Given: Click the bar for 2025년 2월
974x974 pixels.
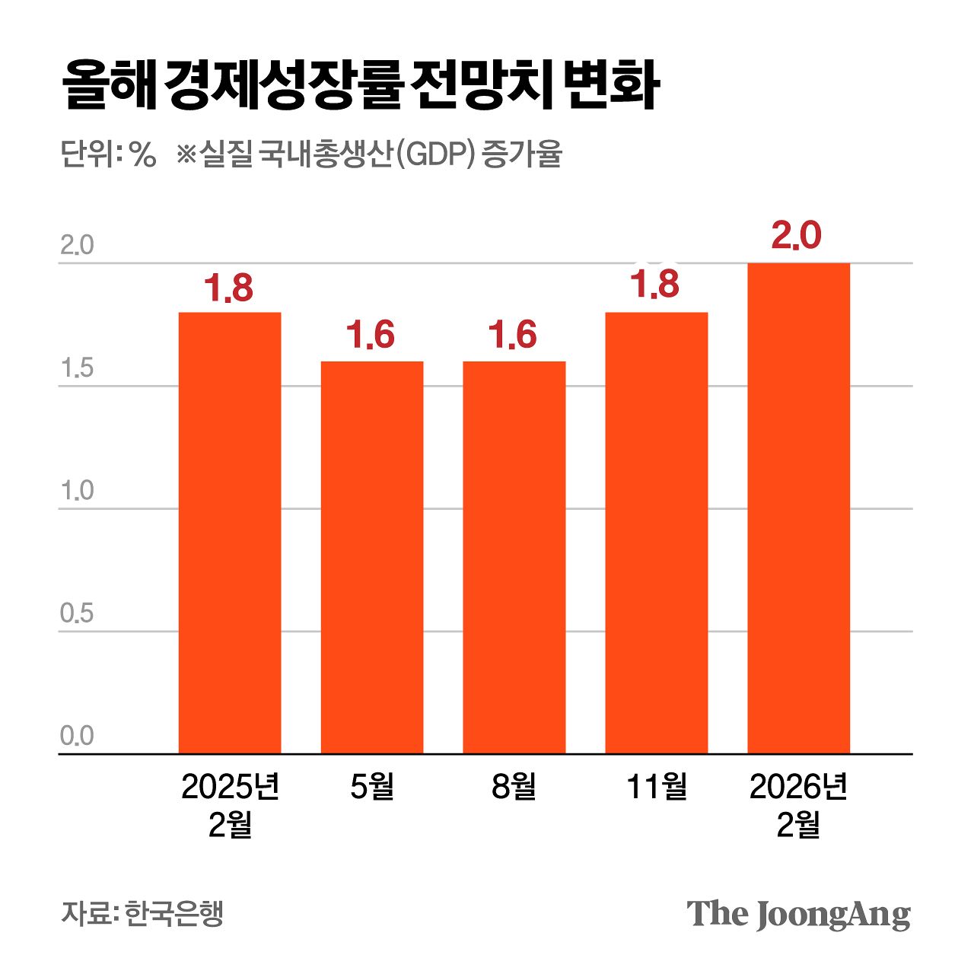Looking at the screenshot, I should point(230,533).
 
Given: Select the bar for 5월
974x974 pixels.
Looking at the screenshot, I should point(372,557).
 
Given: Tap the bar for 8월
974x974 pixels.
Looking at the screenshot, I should point(514,557).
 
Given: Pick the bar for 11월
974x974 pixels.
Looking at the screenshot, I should point(656,533).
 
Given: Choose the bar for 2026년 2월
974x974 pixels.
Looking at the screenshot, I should point(798,508).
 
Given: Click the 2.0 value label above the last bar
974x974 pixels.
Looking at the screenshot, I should point(796,236).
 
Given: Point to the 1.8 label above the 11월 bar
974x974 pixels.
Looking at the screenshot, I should point(654,285).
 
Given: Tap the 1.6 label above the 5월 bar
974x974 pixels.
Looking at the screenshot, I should point(371,336).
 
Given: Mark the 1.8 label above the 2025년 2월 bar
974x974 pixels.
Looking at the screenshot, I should point(228,289).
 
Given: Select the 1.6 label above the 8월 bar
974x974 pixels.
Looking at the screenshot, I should point(512,336).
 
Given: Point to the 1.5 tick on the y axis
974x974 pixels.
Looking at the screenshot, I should point(77,369).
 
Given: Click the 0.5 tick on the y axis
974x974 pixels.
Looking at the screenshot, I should point(77,614).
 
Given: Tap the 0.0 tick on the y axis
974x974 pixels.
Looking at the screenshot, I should point(77,737).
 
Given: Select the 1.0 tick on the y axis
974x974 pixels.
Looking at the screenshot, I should point(77,492).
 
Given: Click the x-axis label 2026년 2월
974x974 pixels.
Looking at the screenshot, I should point(798,805).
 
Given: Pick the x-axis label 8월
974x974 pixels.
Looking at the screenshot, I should point(514,787).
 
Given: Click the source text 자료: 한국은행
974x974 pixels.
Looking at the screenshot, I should point(142,913).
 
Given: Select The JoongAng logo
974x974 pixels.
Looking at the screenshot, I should point(798,914).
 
